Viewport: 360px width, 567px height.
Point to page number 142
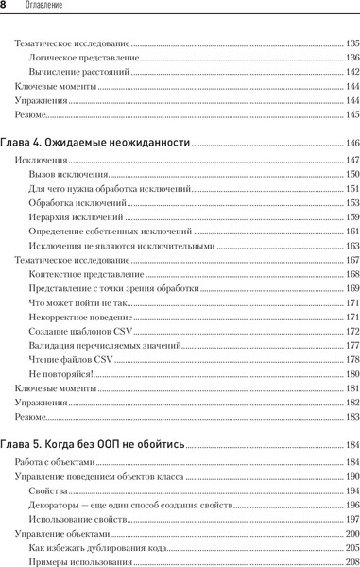[x=351, y=72]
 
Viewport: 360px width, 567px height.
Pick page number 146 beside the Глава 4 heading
[x=351, y=143]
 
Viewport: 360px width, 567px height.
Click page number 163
[x=351, y=246]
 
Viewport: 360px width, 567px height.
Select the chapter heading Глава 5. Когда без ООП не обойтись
[x=94, y=444]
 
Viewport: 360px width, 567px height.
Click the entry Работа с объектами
[x=56, y=462]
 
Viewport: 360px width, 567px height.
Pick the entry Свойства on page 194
[x=48, y=490]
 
